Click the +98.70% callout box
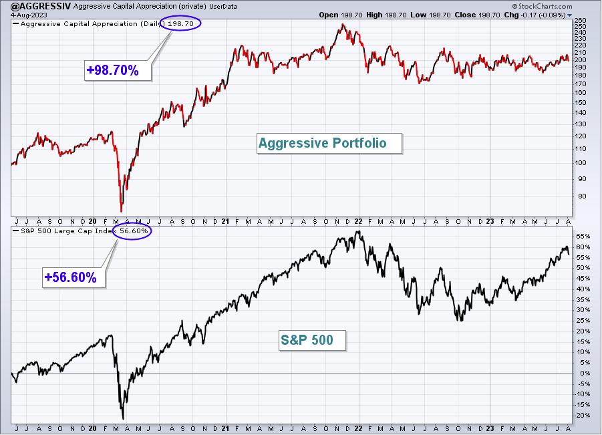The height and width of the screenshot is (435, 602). click(x=118, y=70)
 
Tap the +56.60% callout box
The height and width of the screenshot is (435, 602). click(x=73, y=277)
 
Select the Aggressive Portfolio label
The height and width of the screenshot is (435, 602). click(x=329, y=143)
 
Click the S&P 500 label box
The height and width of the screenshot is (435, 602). click(x=313, y=340)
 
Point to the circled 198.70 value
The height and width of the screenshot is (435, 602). click(x=180, y=24)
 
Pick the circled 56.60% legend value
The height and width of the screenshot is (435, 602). click(x=133, y=231)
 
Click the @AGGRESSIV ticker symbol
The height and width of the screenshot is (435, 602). click(x=41, y=6)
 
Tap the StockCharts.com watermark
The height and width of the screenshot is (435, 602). click(x=542, y=6)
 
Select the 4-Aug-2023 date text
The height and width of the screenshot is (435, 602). click(x=29, y=15)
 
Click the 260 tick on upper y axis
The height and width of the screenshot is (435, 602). click(x=580, y=21)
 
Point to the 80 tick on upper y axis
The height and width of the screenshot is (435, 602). click(x=582, y=196)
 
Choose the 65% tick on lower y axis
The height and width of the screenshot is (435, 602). click(x=583, y=236)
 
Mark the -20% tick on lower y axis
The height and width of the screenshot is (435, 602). click(x=582, y=416)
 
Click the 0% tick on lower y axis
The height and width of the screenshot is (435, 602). click(x=585, y=373)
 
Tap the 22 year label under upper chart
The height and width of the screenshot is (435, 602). click(x=359, y=222)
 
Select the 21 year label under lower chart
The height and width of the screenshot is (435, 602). click(x=225, y=428)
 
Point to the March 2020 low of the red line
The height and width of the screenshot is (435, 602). click(x=122, y=211)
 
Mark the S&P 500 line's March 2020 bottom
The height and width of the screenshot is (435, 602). click(x=123, y=419)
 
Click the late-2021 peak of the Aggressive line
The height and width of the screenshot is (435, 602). click(x=343, y=25)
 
